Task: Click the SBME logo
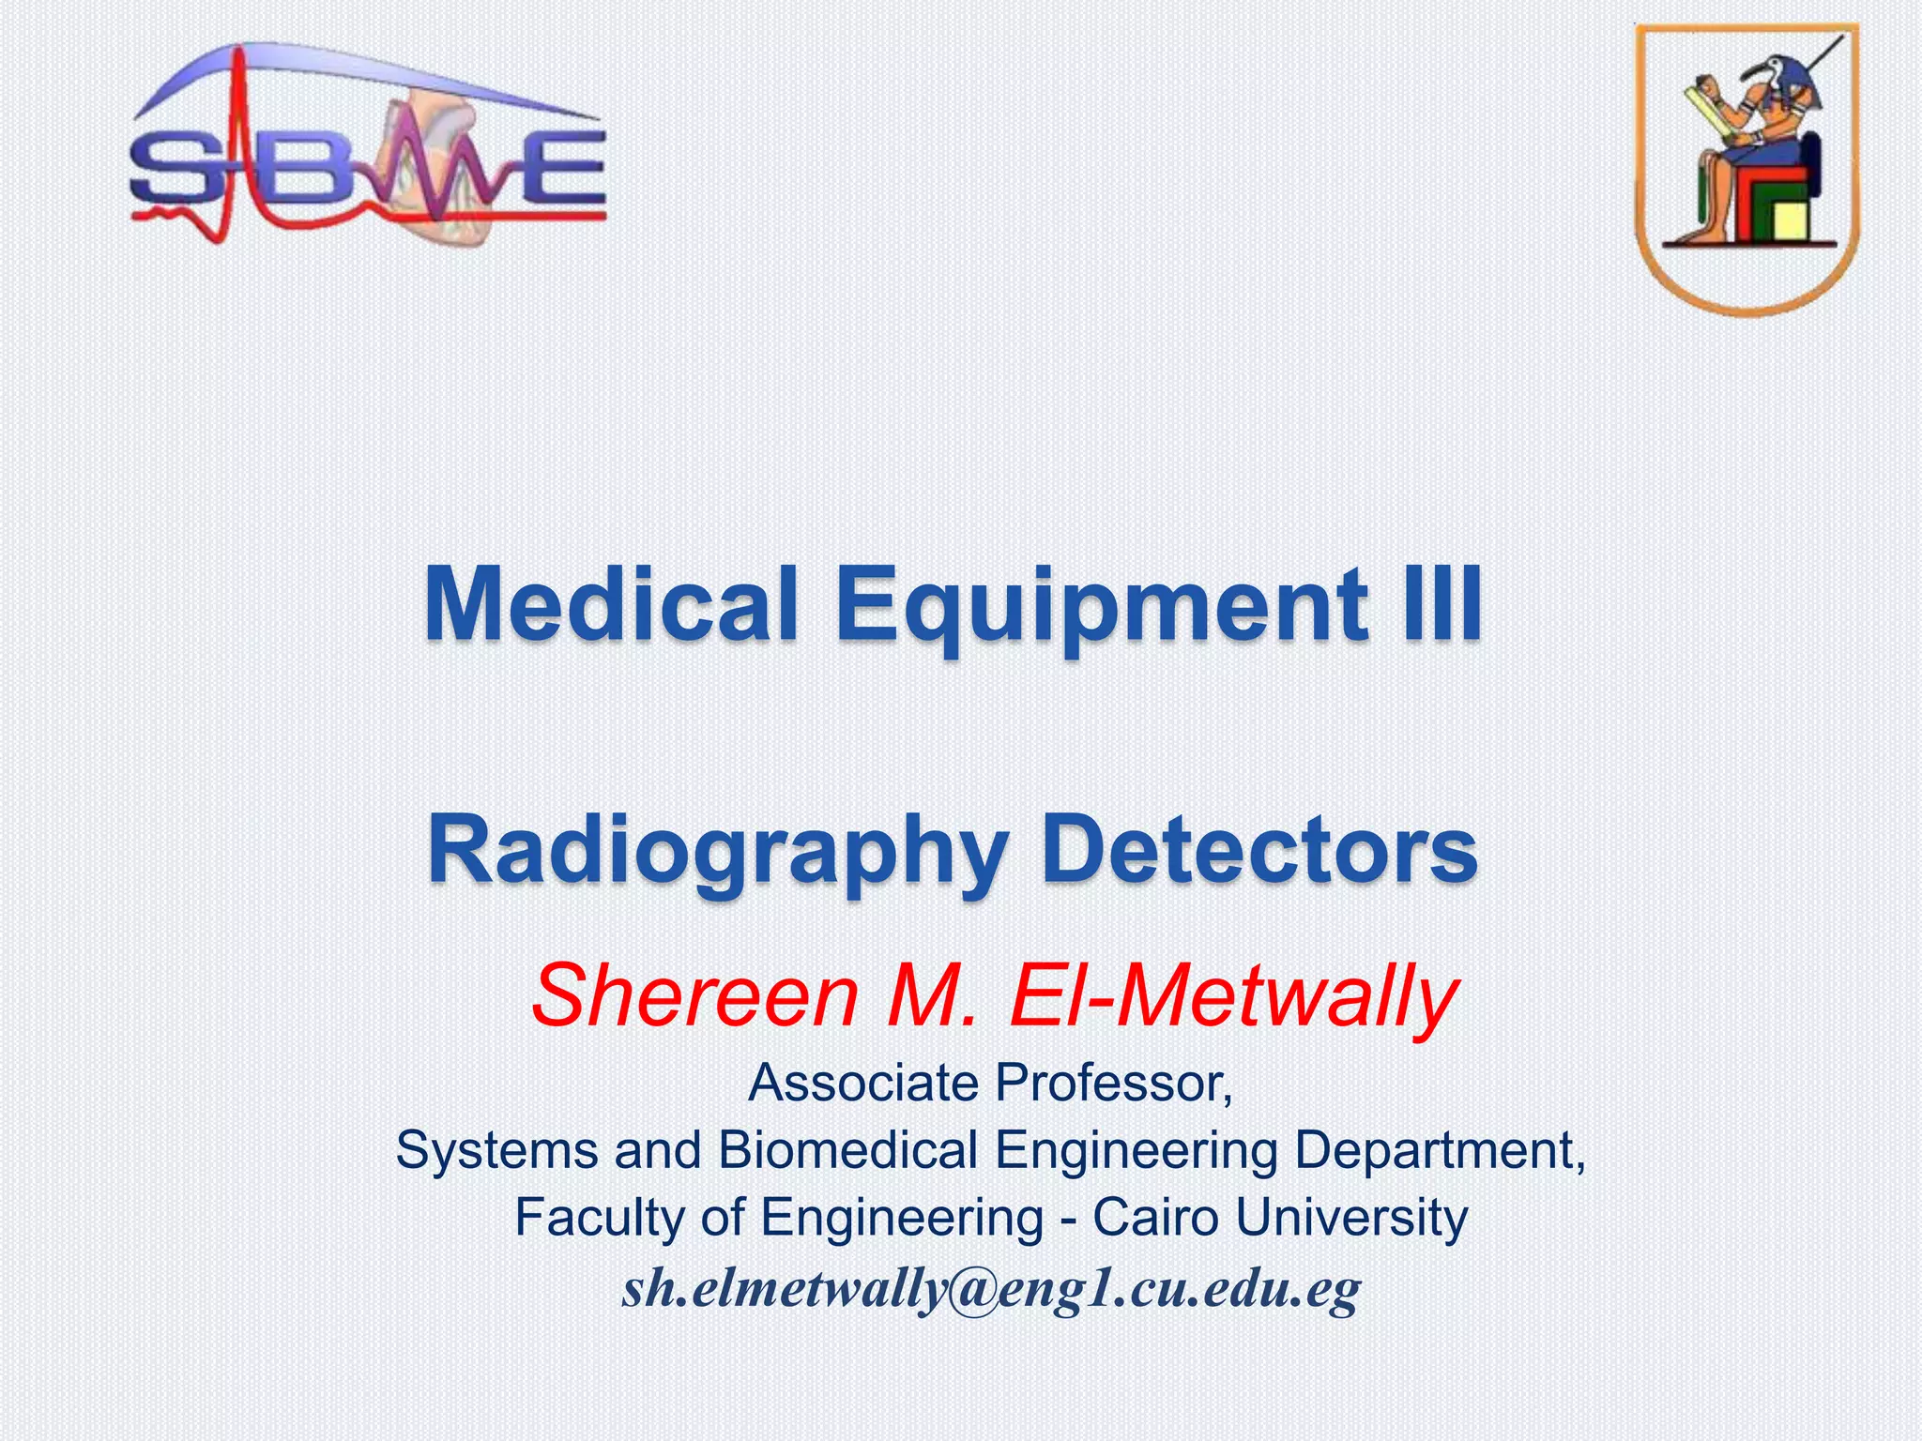[368, 145]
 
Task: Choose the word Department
[1440, 1152]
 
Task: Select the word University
[1351, 1218]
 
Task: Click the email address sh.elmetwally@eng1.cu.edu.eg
[990, 1289]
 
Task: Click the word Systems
[496, 1151]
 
